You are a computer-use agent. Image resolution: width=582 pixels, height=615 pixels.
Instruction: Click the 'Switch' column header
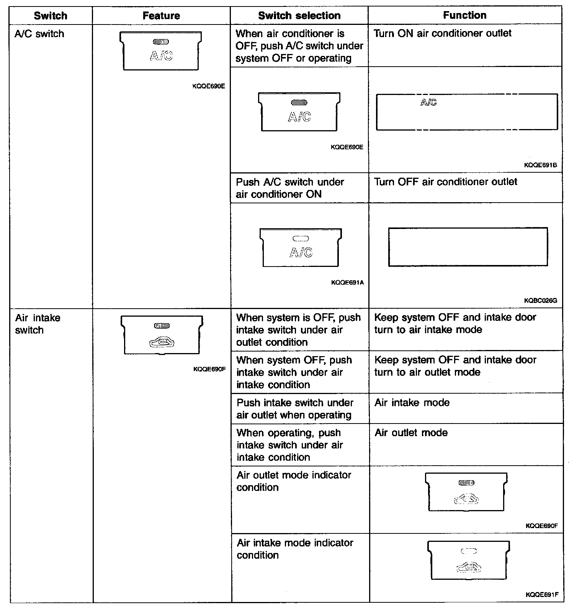coord(51,16)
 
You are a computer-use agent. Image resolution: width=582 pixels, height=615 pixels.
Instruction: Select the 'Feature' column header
coord(161,16)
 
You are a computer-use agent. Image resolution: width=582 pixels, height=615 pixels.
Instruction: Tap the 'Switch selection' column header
coord(299,16)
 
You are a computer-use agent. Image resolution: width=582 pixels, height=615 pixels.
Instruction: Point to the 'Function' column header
coord(464,15)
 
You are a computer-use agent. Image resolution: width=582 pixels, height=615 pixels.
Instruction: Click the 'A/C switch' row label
coord(39,34)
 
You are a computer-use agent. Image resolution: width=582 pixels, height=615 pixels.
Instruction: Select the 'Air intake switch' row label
coord(38,324)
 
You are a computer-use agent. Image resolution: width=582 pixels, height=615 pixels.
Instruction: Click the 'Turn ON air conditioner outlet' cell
coord(442,34)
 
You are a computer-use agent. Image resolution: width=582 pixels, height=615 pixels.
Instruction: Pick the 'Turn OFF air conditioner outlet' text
coord(445,182)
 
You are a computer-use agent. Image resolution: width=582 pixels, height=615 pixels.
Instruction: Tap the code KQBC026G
coord(540,301)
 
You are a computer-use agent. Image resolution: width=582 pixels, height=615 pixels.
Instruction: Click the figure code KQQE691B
coord(540,165)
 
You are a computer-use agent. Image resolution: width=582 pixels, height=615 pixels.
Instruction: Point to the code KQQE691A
coord(347,283)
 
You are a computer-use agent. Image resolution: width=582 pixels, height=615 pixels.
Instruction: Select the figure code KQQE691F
coord(542,595)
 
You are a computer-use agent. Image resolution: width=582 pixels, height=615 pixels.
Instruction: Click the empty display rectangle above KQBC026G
coord(468,247)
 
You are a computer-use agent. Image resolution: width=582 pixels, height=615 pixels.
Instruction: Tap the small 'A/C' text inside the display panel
coord(428,102)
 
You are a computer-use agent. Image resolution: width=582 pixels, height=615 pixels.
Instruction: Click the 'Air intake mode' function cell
coord(412,403)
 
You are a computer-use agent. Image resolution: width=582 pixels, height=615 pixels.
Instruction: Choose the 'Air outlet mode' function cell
coord(411,433)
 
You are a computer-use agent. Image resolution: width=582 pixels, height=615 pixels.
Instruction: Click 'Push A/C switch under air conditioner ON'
coord(290,188)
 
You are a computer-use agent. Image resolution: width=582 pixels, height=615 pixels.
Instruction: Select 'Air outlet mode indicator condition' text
coord(294,481)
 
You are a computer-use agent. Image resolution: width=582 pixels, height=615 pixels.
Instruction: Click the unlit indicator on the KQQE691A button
coord(301,239)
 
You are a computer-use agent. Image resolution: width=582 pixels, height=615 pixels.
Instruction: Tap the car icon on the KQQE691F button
coord(468,568)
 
